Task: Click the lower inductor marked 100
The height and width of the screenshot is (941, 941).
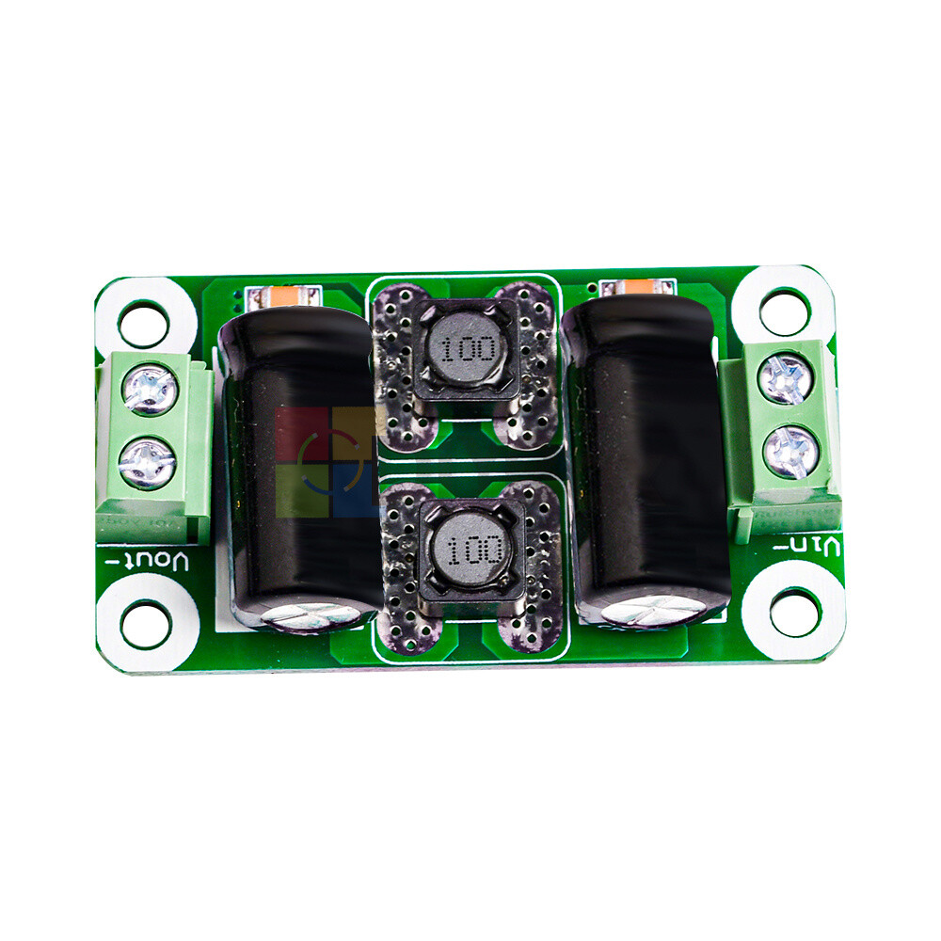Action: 469,549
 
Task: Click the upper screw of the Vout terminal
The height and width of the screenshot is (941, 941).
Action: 151,390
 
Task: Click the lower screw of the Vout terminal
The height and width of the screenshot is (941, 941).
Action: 148,462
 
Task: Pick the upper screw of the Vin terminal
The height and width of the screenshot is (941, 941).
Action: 785,378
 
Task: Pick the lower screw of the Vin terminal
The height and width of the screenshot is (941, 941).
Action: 788,451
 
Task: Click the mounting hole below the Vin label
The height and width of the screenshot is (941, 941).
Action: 793,612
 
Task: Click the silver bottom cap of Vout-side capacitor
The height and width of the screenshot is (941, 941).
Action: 311,617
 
